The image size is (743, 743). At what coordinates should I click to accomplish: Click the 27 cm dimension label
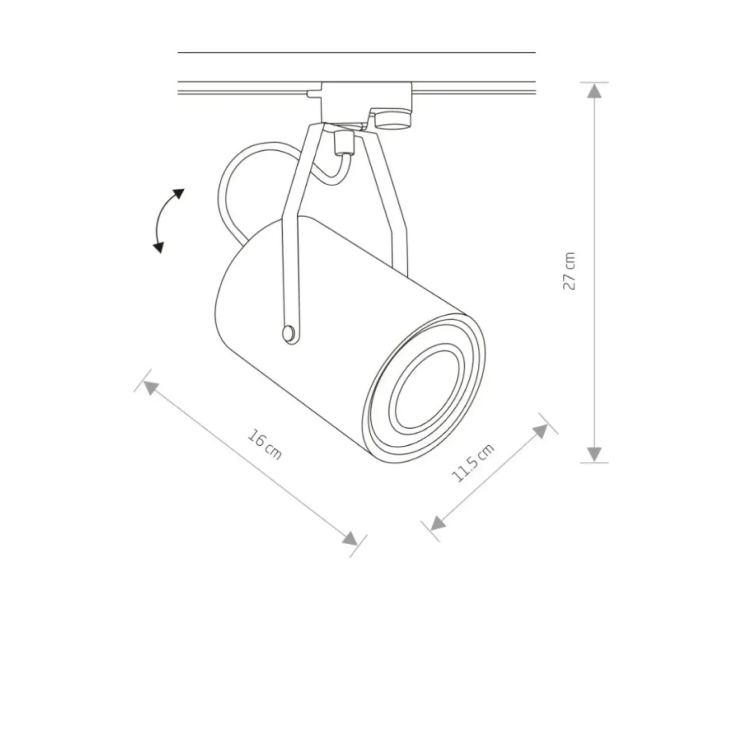570,271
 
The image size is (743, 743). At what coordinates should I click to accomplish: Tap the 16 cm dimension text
265,444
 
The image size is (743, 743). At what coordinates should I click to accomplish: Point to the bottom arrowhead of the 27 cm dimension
594,454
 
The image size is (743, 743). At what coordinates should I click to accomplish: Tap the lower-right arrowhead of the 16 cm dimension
350,538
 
